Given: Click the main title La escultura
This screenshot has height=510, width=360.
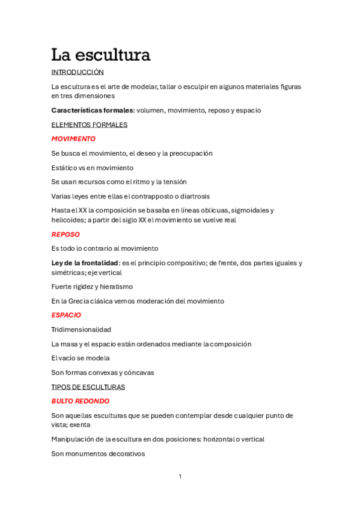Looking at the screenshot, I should tap(100, 55).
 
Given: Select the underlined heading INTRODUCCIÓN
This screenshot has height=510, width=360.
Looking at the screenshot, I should tap(78, 72).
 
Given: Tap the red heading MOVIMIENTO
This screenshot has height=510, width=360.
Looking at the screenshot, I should tap(73, 139).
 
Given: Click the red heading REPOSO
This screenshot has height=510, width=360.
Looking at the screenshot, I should tap(66, 235).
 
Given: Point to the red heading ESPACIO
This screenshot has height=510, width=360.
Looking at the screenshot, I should tap(66, 315).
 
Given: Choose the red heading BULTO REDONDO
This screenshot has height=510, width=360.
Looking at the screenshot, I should tap(80, 401).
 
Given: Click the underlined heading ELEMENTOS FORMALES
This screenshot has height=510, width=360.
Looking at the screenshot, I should tap(89, 124).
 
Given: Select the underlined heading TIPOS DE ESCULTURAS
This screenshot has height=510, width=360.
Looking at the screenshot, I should tap(88, 387).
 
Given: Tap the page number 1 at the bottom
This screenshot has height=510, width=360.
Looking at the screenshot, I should tap(180, 476).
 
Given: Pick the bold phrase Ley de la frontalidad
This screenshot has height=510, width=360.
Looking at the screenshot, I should tap(85, 263).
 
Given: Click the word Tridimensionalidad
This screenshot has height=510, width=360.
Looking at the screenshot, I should tap(81, 330).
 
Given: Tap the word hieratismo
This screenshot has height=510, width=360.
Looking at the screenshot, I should tap(114, 287).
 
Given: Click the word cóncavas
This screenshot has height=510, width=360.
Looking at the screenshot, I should tap(139, 372).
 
